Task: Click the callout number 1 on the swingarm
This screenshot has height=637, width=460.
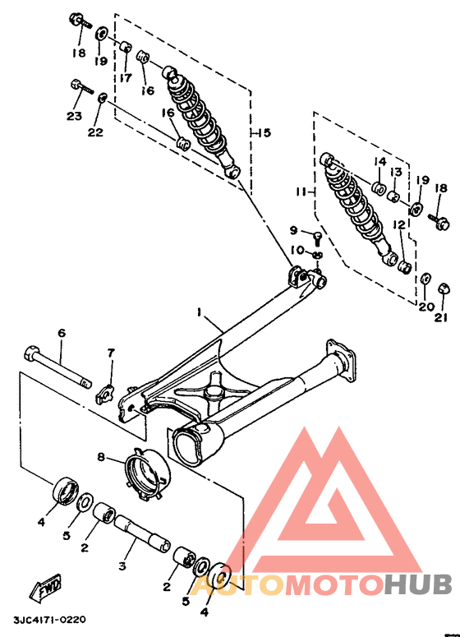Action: [x=198, y=312]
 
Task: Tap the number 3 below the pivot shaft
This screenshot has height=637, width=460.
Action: [x=123, y=565]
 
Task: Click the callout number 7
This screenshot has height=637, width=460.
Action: [x=111, y=353]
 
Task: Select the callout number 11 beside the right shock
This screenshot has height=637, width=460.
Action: [x=301, y=192]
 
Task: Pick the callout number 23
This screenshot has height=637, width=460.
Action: [x=74, y=116]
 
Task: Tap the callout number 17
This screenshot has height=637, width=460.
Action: [x=125, y=77]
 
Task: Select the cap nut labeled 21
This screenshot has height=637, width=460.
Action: [x=443, y=289]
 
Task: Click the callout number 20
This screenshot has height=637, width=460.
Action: [x=425, y=307]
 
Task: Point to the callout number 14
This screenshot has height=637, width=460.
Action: [x=381, y=160]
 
